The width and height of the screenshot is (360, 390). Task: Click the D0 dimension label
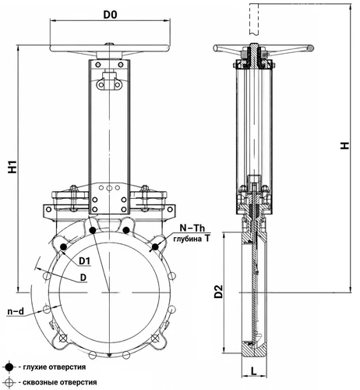coord(110,15)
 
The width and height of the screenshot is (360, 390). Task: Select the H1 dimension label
coord(12,167)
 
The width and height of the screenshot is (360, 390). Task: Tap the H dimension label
coord(345,146)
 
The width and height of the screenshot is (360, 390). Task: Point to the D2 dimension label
coord(219,292)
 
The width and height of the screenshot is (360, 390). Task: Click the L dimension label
coord(254,371)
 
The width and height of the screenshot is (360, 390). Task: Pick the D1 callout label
coord(85,261)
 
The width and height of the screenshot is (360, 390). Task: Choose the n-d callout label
coord(16,311)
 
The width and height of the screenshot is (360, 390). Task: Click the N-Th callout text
coord(192,228)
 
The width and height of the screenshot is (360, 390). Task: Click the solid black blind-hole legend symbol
coord(9,367)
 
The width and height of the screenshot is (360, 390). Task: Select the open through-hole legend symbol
coord(9,382)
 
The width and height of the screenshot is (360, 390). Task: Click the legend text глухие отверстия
coord(55,367)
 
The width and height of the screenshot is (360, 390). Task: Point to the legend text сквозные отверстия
coord(60,382)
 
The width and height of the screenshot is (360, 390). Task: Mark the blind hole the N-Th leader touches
coord(155,247)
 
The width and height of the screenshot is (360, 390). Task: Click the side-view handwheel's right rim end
coord(310,48)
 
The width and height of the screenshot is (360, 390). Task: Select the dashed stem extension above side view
coord(254,19)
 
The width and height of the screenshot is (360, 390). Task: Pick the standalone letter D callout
coord(83,278)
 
